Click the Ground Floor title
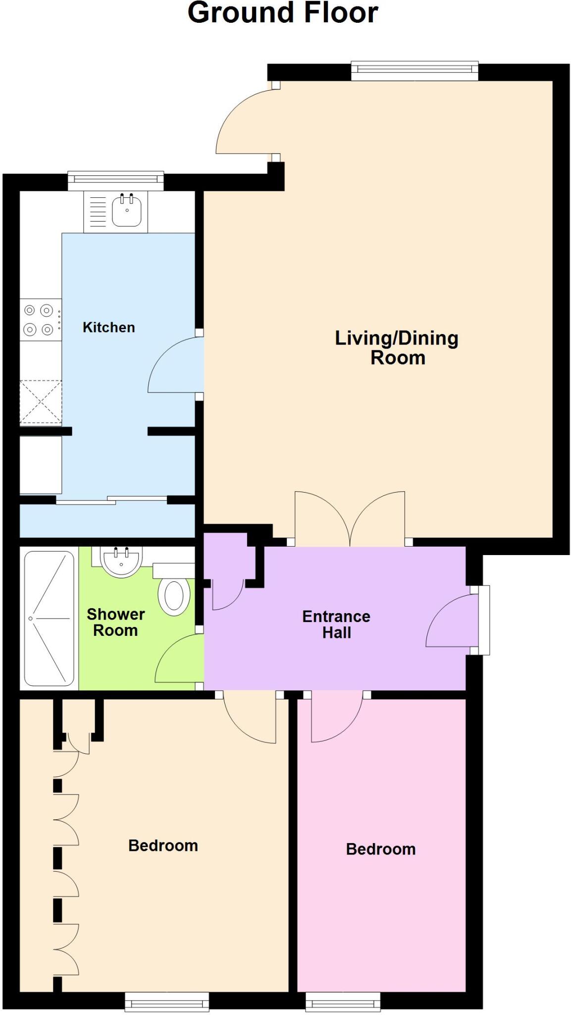(x=283, y=13)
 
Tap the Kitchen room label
(x=108, y=328)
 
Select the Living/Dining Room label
(x=397, y=348)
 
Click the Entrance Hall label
(x=336, y=624)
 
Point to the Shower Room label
(x=115, y=622)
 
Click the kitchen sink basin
(x=127, y=211)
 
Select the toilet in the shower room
(x=174, y=595)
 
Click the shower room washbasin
(x=121, y=561)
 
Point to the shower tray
(x=49, y=619)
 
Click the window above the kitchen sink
(x=115, y=181)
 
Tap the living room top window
(x=415, y=70)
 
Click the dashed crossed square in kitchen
(x=41, y=402)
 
